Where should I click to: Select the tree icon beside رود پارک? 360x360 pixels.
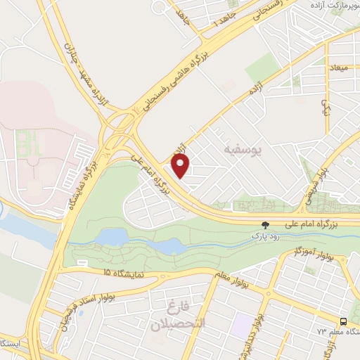click(x=264, y=226)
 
